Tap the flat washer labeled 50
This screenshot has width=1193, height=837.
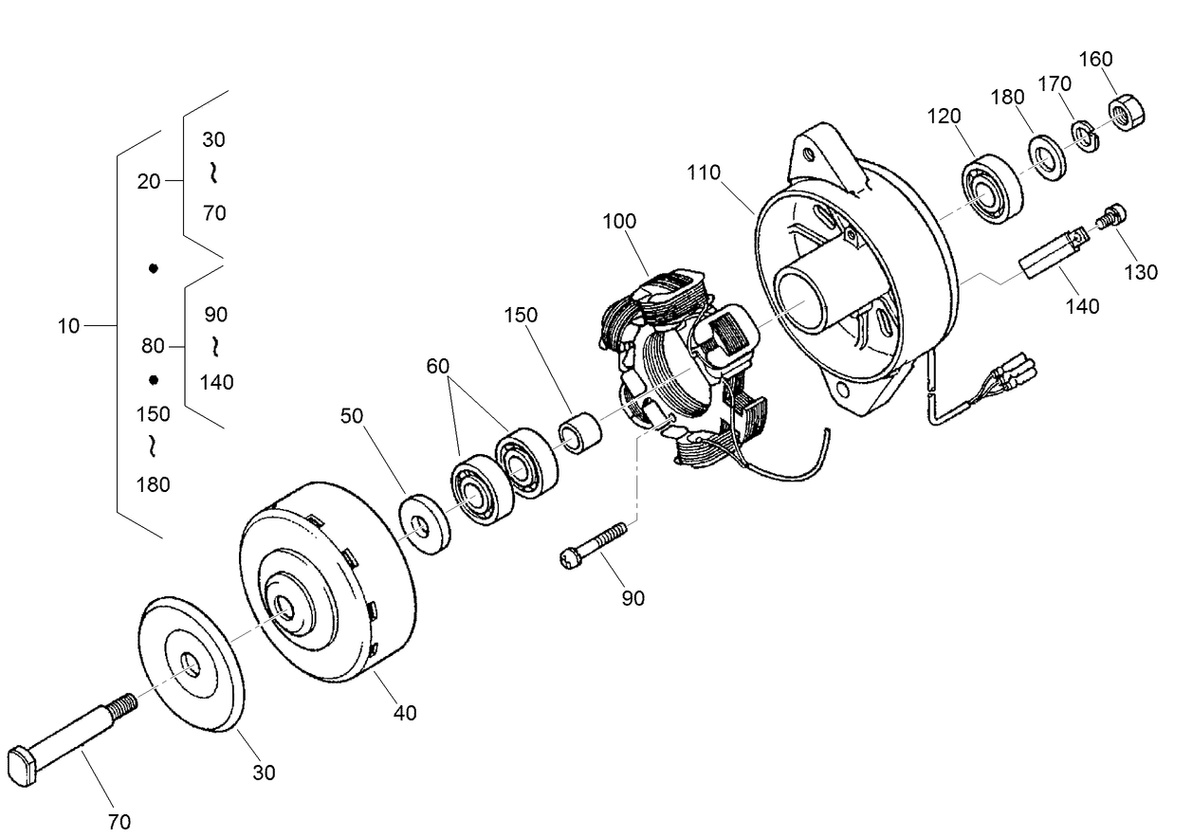[425, 523]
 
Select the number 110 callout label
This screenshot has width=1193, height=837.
[705, 173]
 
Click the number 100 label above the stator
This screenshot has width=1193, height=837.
[618, 221]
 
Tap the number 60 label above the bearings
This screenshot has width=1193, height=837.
[438, 366]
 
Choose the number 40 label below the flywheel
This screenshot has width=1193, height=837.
[405, 713]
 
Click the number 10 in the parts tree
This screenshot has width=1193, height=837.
[68, 326]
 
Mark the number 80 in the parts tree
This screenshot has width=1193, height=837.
[153, 347]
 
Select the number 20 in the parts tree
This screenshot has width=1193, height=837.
[149, 182]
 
